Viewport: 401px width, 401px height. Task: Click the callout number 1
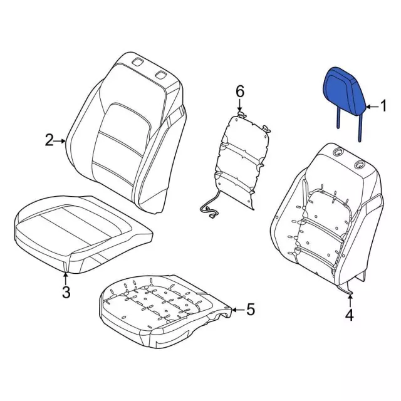click(383, 106)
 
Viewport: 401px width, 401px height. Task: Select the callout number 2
click(49, 140)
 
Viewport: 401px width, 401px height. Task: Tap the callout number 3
click(66, 293)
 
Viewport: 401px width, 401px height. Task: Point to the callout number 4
click(350, 315)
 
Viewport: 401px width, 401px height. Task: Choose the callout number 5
click(251, 309)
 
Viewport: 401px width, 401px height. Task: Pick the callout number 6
click(240, 91)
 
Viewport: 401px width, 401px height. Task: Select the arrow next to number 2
click(60, 141)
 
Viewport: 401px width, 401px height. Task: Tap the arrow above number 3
click(66, 278)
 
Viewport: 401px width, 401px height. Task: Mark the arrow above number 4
click(350, 301)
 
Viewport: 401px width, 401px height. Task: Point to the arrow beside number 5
click(238, 310)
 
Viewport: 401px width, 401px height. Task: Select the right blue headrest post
click(360, 128)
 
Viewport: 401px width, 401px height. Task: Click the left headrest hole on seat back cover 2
click(138, 61)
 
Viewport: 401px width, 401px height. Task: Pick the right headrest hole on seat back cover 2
click(161, 75)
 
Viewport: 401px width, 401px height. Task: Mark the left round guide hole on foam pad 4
click(337, 152)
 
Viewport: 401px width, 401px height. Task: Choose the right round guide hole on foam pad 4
click(359, 165)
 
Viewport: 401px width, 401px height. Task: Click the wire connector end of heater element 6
click(212, 217)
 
